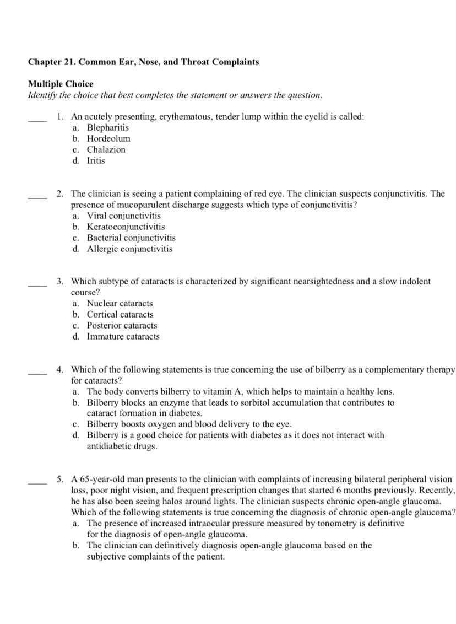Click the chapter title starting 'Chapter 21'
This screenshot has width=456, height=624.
(x=143, y=62)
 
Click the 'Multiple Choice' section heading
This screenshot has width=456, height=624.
(x=61, y=84)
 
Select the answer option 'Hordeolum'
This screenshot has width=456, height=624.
(x=108, y=138)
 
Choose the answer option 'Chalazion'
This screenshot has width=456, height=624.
(x=106, y=149)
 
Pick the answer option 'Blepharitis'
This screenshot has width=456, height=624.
(x=108, y=127)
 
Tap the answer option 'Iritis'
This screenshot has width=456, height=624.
(x=96, y=160)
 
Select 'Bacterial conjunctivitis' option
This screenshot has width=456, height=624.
(x=131, y=238)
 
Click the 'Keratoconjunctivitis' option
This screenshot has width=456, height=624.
(x=126, y=227)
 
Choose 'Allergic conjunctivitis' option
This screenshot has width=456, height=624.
(x=129, y=249)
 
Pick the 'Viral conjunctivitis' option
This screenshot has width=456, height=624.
(x=124, y=216)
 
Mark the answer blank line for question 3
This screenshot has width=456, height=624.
(x=37, y=284)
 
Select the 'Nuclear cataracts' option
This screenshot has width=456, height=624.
(x=120, y=303)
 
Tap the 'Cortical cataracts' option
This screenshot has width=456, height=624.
(x=120, y=314)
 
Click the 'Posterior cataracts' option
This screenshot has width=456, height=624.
(x=122, y=325)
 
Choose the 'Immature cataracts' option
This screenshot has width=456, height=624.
(x=123, y=336)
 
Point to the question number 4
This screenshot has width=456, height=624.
(x=60, y=369)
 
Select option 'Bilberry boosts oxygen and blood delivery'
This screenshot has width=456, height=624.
(x=189, y=424)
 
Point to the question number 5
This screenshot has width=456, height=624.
(x=60, y=479)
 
